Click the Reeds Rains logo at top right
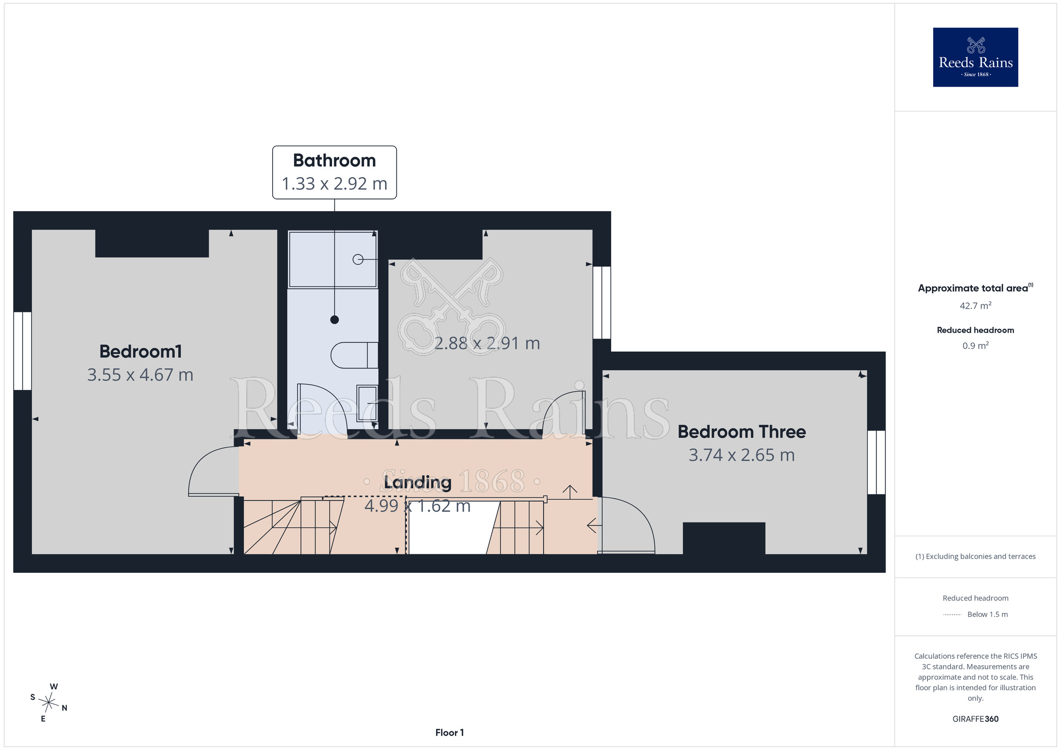point(975,57)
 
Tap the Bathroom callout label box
point(334,172)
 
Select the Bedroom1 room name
point(141,351)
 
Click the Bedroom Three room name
point(742,432)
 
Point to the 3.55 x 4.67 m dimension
point(140,375)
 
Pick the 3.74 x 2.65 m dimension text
point(742,455)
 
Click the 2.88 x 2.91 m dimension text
point(487,344)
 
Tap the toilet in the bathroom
point(354,355)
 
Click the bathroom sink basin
point(367,403)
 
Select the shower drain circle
point(358,259)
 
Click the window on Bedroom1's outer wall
point(22,351)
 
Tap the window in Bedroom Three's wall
point(876,462)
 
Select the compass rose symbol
point(48,703)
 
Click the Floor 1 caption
point(449,732)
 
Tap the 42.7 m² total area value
point(975,306)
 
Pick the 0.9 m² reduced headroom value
point(975,346)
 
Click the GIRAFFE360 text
point(975,719)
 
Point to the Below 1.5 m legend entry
point(975,614)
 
